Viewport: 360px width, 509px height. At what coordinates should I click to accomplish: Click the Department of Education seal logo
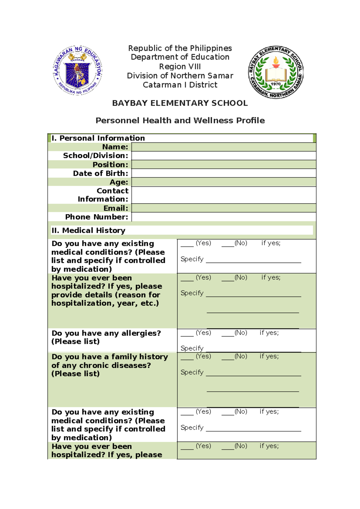point(78,71)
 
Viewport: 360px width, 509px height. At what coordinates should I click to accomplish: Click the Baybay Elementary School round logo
point(276,72)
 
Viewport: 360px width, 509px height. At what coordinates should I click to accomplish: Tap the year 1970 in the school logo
point(276,84)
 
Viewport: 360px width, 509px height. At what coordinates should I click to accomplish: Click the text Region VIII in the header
point(180,66)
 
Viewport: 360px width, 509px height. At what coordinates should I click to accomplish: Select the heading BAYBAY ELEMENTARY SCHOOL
point(180,103)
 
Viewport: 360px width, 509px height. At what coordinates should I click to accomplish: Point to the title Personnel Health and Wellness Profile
point(180,121)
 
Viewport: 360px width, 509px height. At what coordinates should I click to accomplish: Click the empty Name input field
point(223,147)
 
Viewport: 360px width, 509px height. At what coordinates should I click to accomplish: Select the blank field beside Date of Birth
point(223,173)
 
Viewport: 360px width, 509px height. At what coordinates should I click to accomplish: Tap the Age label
point(119,182)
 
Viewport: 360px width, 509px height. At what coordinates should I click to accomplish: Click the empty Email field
point(223,208)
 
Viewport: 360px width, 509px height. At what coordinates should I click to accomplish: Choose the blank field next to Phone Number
point(223,217)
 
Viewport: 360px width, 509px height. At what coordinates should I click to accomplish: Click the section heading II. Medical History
point(88,230)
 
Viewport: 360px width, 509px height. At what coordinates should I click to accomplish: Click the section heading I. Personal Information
point(98,138)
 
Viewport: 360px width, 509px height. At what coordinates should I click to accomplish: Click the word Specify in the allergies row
point(192,348)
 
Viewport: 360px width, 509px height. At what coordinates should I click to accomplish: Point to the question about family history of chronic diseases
point(109,365)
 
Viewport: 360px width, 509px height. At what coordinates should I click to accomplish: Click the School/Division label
point(95,156)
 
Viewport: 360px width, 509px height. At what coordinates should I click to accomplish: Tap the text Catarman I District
point(180,85)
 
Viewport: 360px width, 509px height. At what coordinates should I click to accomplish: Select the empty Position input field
point(223,165)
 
